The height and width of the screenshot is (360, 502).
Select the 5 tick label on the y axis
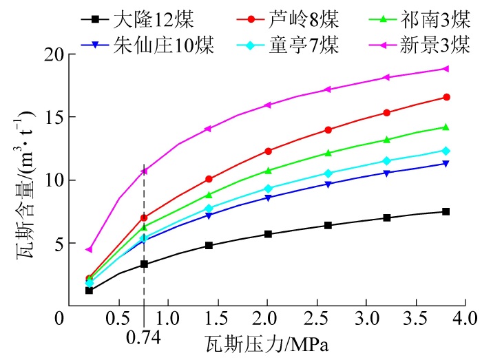pos(54,243)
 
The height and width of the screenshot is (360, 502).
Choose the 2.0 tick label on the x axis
pos(267,319)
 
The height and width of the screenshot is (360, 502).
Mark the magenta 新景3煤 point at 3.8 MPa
pos(446,69)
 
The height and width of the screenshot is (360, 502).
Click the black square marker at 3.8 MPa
pos(446,211)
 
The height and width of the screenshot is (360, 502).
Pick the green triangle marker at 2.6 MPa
pos(328,153)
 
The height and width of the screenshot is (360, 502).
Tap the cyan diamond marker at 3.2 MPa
pos(386,161)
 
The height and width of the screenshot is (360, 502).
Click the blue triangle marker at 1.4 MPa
pos(209,215)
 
